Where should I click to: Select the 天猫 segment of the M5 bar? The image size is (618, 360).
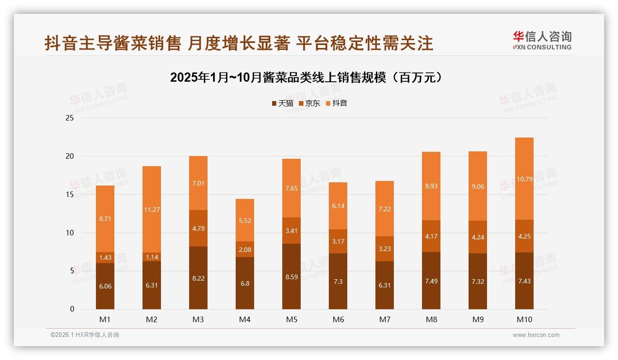point(291,276)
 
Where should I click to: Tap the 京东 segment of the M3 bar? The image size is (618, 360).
point(198,228)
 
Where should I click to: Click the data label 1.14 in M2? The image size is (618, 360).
point(152,258)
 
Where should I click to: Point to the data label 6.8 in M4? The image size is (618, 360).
point(245,283)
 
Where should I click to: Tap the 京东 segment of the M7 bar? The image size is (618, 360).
point(385,248)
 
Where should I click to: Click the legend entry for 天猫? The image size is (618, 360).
point(282,103)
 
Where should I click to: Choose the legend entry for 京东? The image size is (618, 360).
point(309,103)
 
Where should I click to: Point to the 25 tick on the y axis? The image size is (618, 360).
point(70,118)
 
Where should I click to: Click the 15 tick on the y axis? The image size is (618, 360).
point(70,195)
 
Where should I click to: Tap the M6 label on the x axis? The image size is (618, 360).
point(338,319)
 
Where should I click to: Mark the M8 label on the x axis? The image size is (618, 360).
point(431,319)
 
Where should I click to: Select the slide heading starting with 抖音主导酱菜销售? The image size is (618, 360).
point(239,43)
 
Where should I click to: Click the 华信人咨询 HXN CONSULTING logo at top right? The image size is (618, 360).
point(542,41)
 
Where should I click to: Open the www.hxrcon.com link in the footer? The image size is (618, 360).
point(536,335)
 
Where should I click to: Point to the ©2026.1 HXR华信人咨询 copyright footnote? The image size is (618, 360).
point(85,335)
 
